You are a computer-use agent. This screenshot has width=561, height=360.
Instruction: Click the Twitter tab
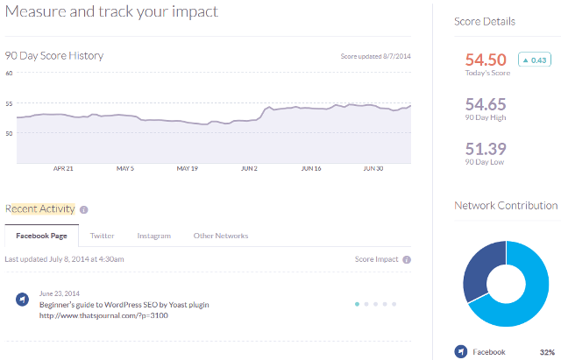(102, 236)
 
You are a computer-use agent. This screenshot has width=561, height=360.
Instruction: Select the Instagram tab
(153, 236)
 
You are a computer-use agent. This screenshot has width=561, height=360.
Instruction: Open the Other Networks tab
(220, 236)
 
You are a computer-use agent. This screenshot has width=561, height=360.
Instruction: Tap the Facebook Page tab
(41, 236)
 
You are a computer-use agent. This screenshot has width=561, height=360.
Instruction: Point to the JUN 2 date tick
(249, 169)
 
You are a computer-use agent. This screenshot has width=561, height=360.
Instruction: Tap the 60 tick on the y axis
(9, 74)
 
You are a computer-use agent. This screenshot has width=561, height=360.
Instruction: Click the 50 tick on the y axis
(9, 133)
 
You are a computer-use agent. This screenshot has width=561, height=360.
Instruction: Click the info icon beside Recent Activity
(84, 209)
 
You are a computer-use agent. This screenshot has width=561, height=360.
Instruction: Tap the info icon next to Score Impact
(407, 259)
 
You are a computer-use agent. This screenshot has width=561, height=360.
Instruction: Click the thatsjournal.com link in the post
(103, 315)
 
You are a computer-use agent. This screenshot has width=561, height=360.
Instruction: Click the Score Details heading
(484, 21)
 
